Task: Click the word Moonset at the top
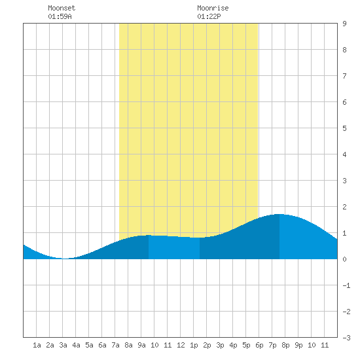pos(62,8)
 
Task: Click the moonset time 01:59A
pos(60,16)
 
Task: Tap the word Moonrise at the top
pos(213,8)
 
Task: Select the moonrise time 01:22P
pos(209,16)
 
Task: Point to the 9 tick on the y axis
pos(344,24)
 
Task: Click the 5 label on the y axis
pos(344,128)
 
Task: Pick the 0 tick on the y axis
pos(344,259)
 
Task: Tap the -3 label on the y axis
pos(346,338)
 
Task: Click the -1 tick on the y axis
pos(346,285)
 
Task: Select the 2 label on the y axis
pos(344,207)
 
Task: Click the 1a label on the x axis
pos(37,345)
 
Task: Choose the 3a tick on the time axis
pos(63,345)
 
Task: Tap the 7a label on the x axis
pos(115,345)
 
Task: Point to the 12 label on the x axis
pos(181,345)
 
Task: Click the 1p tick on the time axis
pos(194,345)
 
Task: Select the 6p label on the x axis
pos(259,345)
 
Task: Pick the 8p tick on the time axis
pos(285,345)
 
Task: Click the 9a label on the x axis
pos(141,345)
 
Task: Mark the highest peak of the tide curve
pos(279,214)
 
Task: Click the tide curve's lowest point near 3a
pos(65,259)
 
